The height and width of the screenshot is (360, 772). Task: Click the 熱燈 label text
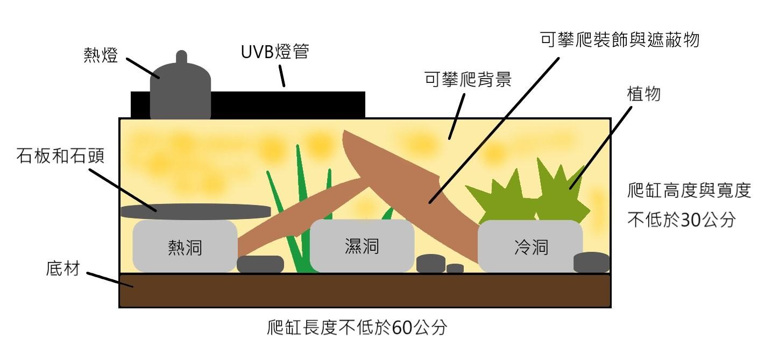tap(101, 55)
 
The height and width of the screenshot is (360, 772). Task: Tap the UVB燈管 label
tap(275, 52)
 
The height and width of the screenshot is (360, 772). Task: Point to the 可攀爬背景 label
tap(468, 79)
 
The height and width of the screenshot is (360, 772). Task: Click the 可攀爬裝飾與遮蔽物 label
tap(620, 40)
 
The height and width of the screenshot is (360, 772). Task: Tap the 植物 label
tap(643, 94)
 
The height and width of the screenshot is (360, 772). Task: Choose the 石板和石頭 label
tap(61, 156)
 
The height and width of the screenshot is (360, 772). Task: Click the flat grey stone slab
tap(196, 211)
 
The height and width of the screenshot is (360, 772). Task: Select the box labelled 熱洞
tap(185, 246)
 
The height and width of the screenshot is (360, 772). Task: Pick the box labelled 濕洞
tap(362, 245)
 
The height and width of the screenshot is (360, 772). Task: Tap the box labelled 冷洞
tap(530, 246)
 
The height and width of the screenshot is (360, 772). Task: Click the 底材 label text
tap(63, 269)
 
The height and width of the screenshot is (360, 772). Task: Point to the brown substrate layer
tap(365, 291)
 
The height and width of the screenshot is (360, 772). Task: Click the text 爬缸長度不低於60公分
tap(357, 327)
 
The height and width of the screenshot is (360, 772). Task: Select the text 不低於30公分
tap(682, 220)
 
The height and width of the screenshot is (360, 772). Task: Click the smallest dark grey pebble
tap(455, 269)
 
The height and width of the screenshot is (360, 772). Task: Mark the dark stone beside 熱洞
tap(260, 264)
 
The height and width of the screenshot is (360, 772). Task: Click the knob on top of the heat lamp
tap(181, 57)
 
